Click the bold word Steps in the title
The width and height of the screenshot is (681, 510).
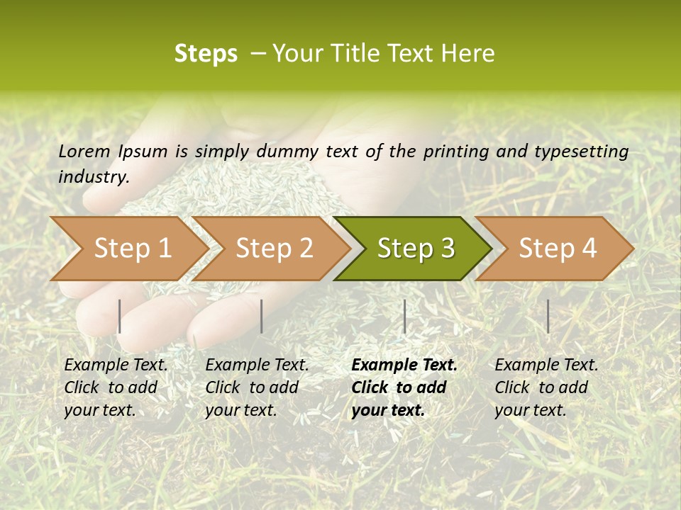point(206,54)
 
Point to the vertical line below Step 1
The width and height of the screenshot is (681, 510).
point(120,316)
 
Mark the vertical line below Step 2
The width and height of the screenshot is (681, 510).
point(262,316)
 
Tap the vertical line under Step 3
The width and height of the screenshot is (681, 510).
point(404,316)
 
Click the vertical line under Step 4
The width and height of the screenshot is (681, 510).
point(548,316)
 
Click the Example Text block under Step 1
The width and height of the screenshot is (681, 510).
point(116,387)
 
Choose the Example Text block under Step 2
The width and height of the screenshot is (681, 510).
point(257,387)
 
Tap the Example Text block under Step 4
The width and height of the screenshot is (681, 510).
point(546,387)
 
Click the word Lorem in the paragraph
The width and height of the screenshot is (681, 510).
point(84,152)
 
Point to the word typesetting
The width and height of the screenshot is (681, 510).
point(581,152)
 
